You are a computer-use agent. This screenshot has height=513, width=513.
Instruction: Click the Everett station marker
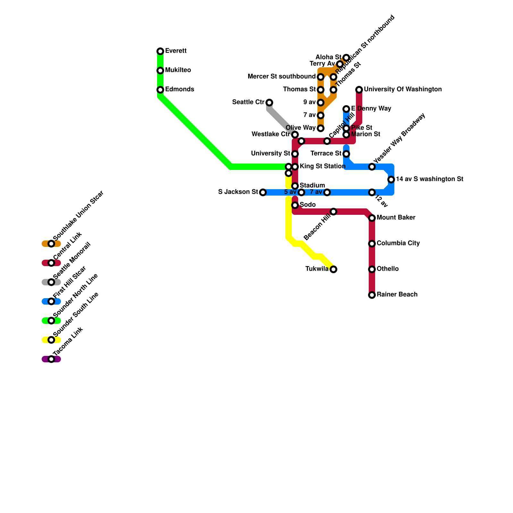160,51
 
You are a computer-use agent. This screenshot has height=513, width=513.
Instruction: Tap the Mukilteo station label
178,70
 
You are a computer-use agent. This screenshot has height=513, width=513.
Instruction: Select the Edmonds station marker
160,90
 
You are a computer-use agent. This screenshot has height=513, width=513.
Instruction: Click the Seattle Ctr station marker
269,103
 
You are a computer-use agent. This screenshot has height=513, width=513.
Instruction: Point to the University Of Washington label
403,89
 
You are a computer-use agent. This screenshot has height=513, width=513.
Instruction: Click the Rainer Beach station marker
372,295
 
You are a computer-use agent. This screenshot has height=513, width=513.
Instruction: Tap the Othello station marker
372,269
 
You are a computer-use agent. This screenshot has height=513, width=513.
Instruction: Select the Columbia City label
398,243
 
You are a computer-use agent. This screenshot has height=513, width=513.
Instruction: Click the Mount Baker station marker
372,218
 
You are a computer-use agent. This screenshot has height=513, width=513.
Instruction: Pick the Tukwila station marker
333,269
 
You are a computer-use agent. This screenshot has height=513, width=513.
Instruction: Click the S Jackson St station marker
263,192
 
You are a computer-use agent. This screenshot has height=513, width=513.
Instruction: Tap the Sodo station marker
295,205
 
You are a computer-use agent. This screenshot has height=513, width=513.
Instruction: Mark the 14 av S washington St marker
391,180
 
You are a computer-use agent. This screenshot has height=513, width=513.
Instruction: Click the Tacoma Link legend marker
51,359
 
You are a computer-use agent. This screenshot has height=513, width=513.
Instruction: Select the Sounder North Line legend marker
51,321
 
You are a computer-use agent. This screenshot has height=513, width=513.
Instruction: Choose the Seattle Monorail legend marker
51,282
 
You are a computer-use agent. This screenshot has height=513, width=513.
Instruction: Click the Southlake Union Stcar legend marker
51,244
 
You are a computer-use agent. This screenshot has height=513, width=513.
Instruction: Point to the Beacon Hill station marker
333,212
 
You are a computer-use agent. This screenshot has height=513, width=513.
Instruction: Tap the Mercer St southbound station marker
321,77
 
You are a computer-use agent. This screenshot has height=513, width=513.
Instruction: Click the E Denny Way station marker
346,109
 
